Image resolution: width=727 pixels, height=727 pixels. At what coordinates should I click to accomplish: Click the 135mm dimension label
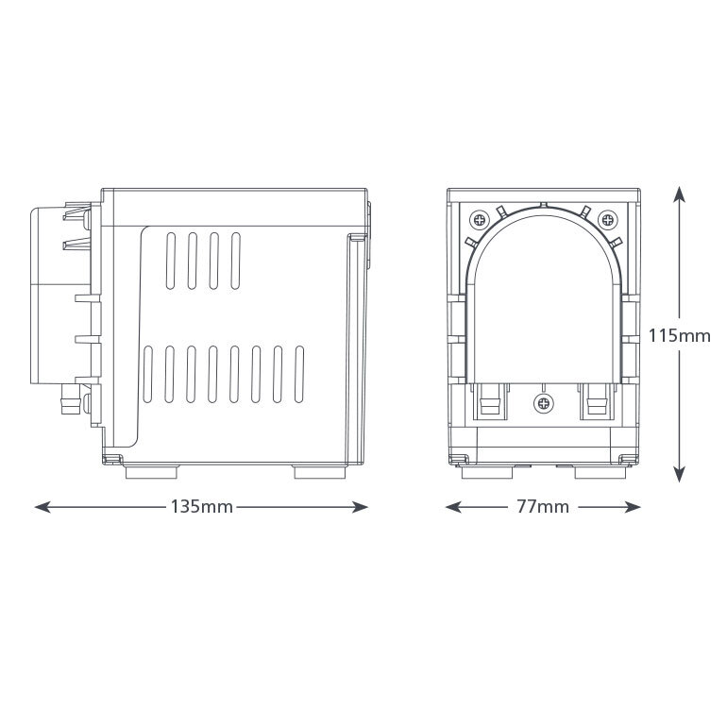(x=202, y=507)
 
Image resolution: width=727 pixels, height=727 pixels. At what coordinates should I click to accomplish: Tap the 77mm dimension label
(x=543, y=507)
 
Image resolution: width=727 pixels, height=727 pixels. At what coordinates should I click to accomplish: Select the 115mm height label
(x=679, y=335)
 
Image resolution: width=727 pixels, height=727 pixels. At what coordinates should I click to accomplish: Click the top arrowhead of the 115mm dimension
(x=679, y=194)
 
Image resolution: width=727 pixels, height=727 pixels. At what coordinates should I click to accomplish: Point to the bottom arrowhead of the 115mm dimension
(x=679, y=475)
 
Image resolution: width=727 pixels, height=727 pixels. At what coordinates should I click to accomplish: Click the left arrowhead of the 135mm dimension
(x=42, y=507)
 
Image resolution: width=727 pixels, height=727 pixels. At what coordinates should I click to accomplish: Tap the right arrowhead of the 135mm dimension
(x=361, y=507)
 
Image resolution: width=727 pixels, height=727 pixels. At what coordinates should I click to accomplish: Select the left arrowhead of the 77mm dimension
(x=453, y=507)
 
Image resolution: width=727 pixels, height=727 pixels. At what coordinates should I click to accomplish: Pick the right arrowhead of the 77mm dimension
(x=633, y=507)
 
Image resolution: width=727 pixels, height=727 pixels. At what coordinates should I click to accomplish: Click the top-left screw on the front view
(x=480, y=220)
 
